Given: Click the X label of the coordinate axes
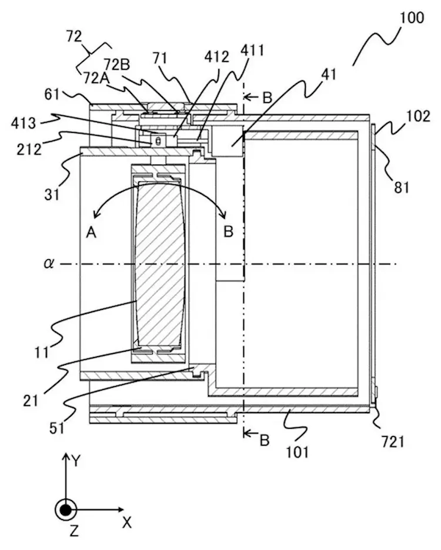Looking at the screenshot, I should [126, 524].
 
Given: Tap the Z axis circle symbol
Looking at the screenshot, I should [65, 508].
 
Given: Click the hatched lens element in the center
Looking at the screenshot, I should [159, 261].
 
